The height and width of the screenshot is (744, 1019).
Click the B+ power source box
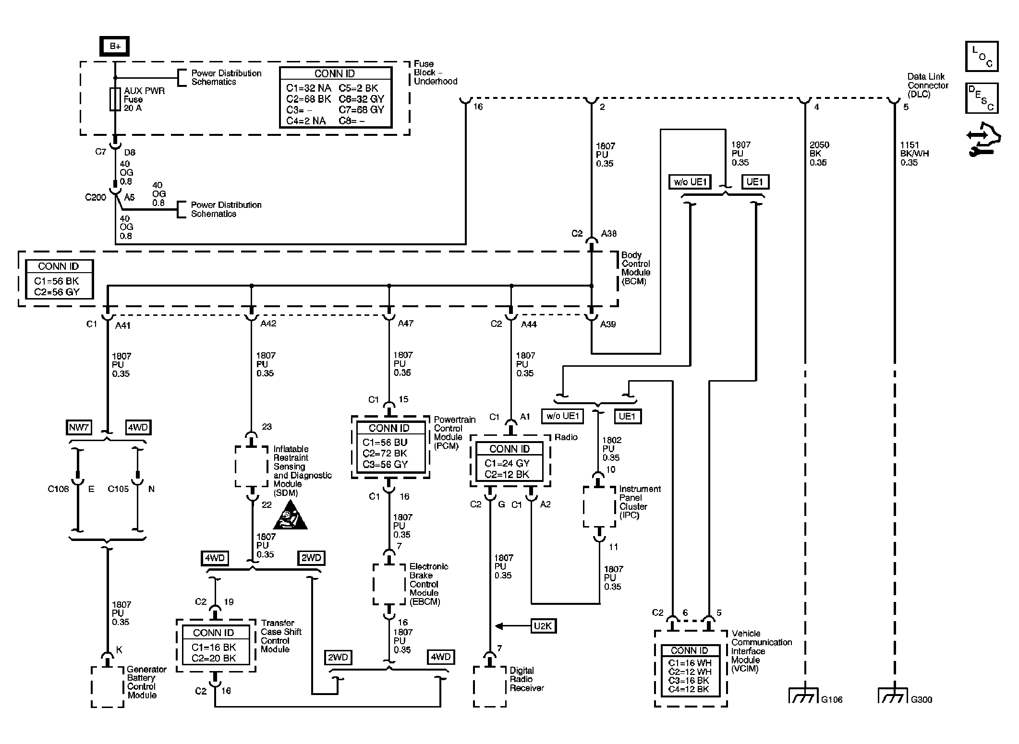114,46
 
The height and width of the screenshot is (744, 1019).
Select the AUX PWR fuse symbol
115,99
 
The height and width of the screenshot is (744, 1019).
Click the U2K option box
543,626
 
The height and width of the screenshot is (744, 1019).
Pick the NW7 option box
79,427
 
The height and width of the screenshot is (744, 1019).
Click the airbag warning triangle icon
290,515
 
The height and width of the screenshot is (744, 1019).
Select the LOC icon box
982,57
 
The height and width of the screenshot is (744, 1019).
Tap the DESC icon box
982,98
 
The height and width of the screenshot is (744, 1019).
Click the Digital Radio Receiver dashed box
490,686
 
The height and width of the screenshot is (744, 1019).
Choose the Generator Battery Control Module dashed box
108,686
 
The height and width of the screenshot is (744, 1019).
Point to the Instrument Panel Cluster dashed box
599,507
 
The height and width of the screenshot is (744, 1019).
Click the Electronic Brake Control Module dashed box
389,584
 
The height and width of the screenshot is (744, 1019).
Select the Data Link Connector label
926,85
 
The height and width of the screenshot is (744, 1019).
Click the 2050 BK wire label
819,154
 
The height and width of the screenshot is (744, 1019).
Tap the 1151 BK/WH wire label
914,154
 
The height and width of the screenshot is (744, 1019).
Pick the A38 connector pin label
609,234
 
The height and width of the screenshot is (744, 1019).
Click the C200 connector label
96,197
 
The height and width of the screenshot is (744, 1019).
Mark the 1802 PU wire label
611,449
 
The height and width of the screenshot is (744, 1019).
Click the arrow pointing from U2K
512,626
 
